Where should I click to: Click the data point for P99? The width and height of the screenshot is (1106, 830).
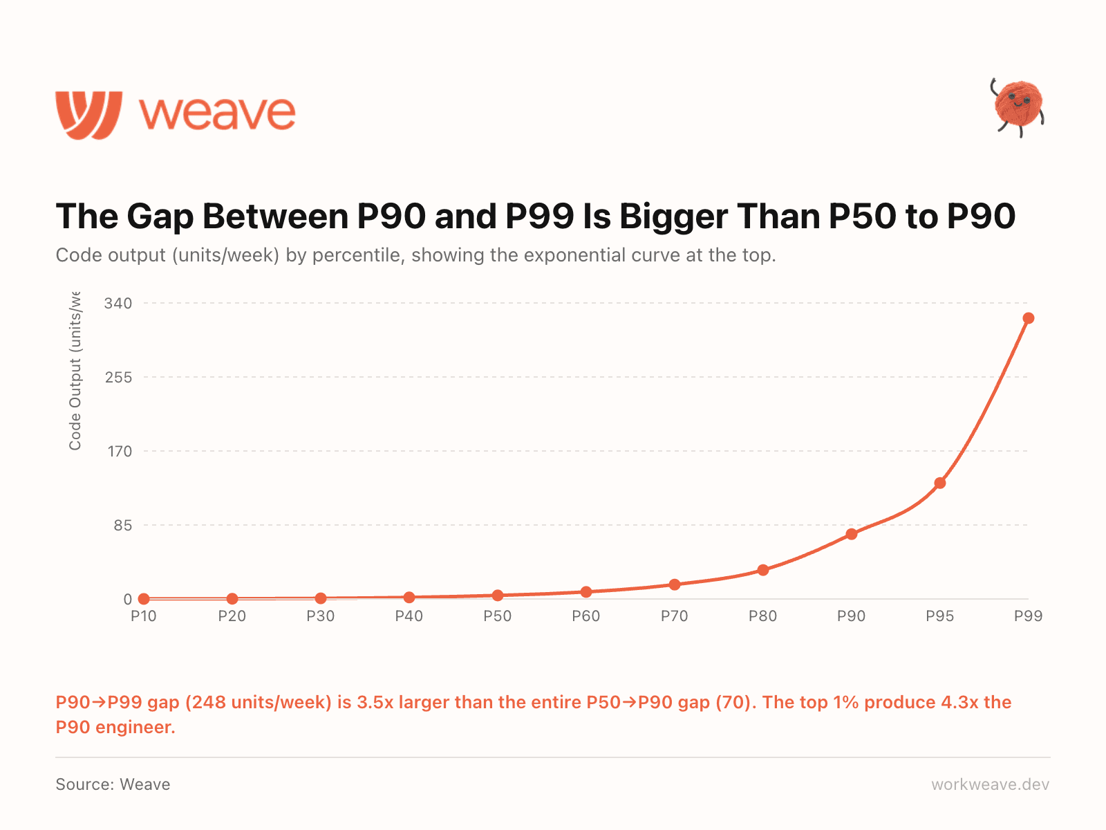1028,318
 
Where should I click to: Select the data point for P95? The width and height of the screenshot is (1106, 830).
939,483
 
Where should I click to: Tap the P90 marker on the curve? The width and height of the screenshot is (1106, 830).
851,534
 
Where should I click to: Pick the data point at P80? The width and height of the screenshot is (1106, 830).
762,570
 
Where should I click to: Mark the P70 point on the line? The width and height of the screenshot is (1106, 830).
674,584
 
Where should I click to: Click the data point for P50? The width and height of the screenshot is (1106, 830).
497,596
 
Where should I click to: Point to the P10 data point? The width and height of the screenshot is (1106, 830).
144,599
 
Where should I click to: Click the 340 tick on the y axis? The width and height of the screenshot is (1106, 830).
118,304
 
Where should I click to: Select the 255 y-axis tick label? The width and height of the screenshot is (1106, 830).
118,378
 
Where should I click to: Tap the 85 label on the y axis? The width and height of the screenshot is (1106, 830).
122,526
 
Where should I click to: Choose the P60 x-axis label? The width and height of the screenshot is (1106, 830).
585,616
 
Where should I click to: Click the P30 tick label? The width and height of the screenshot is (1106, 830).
320,616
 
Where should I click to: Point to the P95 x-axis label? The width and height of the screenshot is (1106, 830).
939,616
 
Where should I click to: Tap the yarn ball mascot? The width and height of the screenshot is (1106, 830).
1018,106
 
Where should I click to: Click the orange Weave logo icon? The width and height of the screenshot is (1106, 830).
88,114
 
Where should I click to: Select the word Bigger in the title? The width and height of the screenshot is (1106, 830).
673,216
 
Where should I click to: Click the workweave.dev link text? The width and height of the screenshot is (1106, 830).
990,784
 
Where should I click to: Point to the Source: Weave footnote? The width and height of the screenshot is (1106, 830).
113,784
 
